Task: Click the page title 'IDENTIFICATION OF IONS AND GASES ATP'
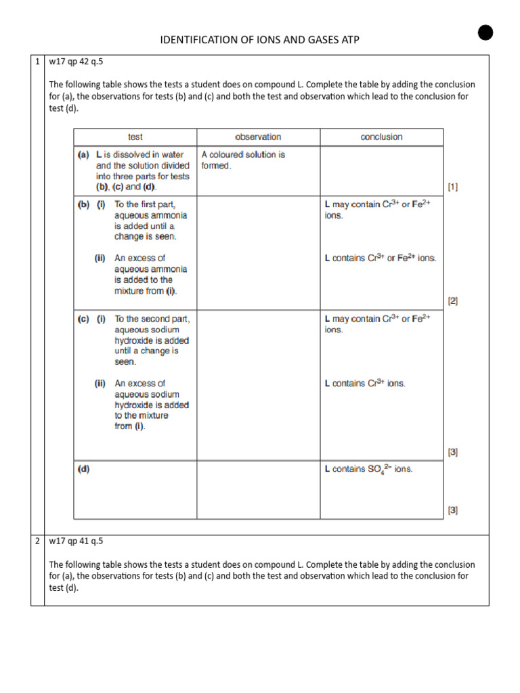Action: pos(259,40)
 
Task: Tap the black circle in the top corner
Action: pos(484,32)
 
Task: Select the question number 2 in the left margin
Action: pos(37,542)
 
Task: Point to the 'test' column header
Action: pos(135,137)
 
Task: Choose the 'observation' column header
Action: pos(258,137)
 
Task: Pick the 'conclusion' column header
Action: pos(381,137)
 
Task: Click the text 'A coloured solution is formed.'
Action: pos(243,160)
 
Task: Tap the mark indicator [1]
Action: pos(452,186)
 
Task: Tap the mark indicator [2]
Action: pos(452,301)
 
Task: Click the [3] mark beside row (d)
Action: pos(452,510)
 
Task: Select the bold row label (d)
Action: pos(84,468)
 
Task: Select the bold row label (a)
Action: pos(84,154)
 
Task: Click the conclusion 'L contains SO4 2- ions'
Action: pos(368,469)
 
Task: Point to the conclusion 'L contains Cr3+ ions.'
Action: pos(365,383)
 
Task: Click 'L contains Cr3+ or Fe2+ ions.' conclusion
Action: pos(381,258)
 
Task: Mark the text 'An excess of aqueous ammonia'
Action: pos(142,263)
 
